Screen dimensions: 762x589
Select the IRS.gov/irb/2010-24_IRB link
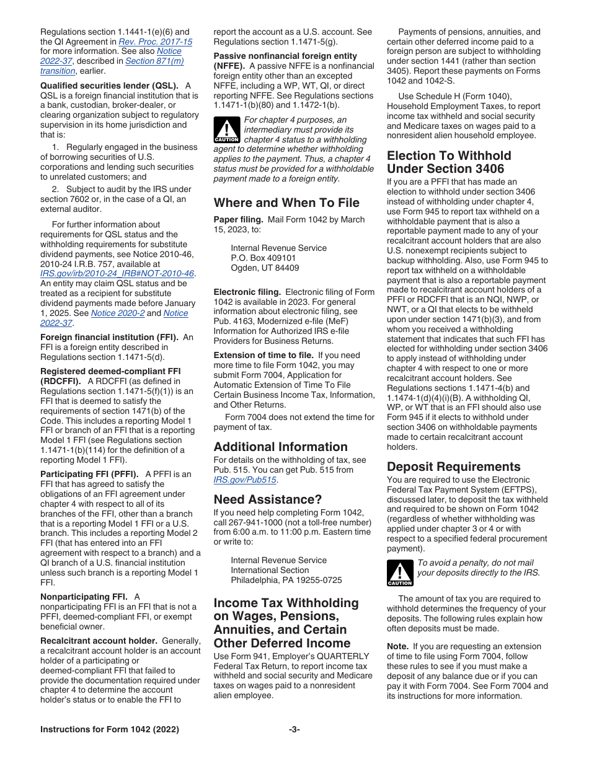pos(117,273)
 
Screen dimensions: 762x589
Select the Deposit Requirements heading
pos(453,466)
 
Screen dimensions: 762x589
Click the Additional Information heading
pos(280,447)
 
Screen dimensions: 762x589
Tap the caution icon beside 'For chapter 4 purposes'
pos(226,131)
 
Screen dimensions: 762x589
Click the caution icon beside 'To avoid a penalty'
pos(400,573)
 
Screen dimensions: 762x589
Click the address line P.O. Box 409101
pos(263,258)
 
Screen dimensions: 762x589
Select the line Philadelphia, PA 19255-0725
pos(286,580)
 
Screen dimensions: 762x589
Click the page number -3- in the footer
pos(294,730)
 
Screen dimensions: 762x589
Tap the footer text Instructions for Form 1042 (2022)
pos(110,730)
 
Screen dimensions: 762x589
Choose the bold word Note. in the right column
pos(397,646)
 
